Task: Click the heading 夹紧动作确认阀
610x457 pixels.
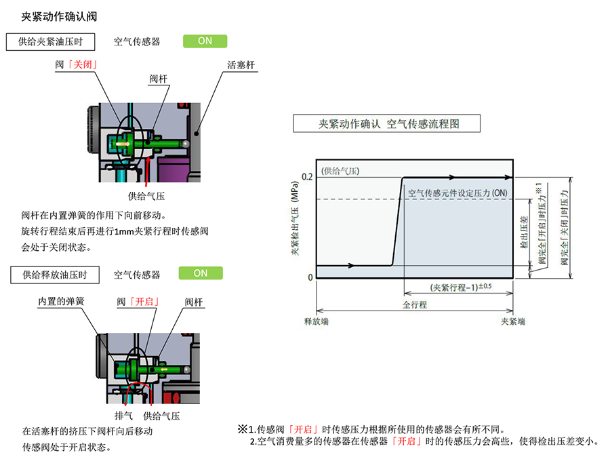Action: [59, 16]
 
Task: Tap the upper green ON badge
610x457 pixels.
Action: [205, 41]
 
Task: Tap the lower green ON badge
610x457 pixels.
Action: [201, 273]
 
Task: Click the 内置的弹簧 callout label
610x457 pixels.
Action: [60, 300]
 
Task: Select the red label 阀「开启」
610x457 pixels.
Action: [143, 300]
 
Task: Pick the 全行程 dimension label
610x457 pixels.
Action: [415, 304]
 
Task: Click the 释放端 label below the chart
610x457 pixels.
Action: [316, 321]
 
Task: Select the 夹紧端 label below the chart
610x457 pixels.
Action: [512, 321]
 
